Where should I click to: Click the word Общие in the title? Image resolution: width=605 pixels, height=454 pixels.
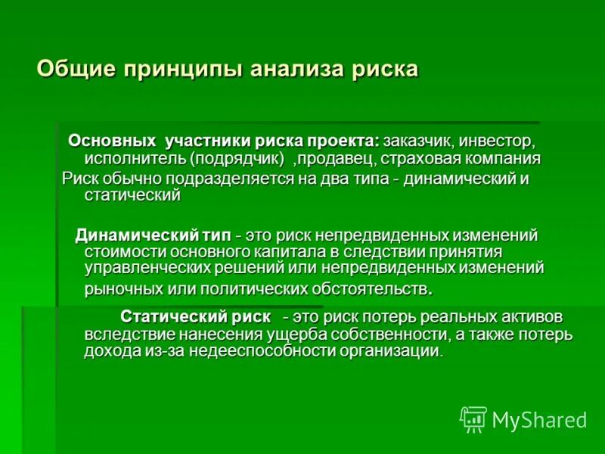click(x=70, y=69)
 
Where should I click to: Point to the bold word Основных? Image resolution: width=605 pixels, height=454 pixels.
click(x=113, y=141)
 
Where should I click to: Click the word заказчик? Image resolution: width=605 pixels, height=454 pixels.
click(x=420, y=141)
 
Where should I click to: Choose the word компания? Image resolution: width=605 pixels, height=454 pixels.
click(x=506, y=159)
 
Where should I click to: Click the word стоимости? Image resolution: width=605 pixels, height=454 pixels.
click(x=123, y=251)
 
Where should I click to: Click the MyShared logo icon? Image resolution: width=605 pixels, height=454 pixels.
click(x=473, y=418)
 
